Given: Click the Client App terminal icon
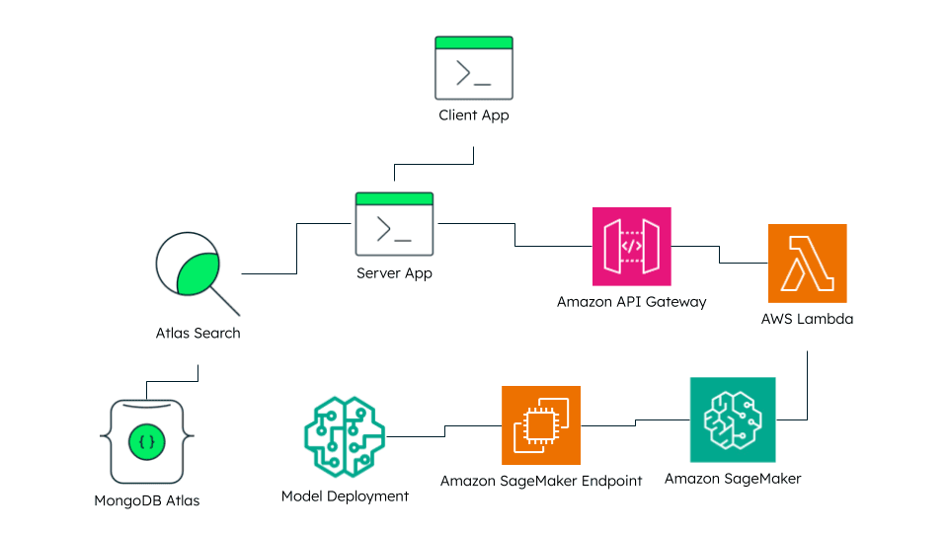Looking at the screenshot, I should click(x=474, y=68).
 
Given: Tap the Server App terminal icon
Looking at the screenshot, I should click(x=394, y=224).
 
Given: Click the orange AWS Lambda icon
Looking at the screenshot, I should click(x=807, y=264).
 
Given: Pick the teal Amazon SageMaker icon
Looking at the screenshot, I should click(x=733, y=419).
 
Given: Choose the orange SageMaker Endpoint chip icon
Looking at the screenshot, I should click(x=540, y=425).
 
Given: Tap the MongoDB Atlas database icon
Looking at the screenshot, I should click(x=146, y=440).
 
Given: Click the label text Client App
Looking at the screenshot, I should click(x=474, y=115).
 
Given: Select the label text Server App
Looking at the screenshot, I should click(x=394, y=272).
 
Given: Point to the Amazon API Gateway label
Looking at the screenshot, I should click(x=632, y=302).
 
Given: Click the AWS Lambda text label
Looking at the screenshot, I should click(x=807, y=320).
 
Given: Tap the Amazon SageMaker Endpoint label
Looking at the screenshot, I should click(x=541, y=481).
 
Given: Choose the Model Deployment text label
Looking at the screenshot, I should click(x=345, y=496).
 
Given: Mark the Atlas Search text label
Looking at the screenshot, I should click(x=197, y=333).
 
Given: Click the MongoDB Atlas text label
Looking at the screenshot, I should click(x=146, y=500).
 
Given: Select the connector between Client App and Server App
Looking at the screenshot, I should click(x=434, y=164).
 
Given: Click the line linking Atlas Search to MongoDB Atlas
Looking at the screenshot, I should click(x=173, y=380).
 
